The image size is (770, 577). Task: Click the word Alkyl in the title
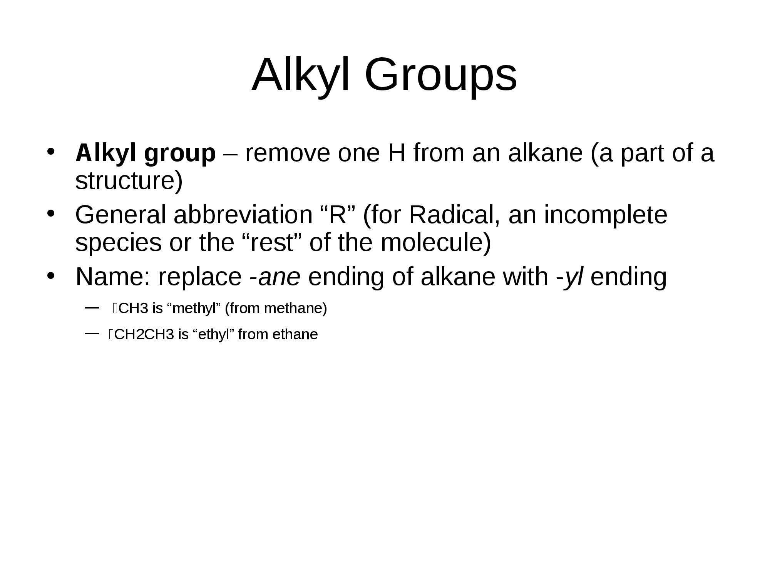[301, 75]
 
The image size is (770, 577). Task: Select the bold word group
[180, 153]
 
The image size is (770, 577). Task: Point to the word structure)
[129, 181]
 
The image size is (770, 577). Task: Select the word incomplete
[606, 215]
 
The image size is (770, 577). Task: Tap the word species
[119, 243]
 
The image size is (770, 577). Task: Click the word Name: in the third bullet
[113, 277]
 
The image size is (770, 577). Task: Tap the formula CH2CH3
[144, 335]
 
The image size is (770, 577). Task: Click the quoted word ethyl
[216, 335]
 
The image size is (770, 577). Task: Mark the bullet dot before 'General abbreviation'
[50, 214]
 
